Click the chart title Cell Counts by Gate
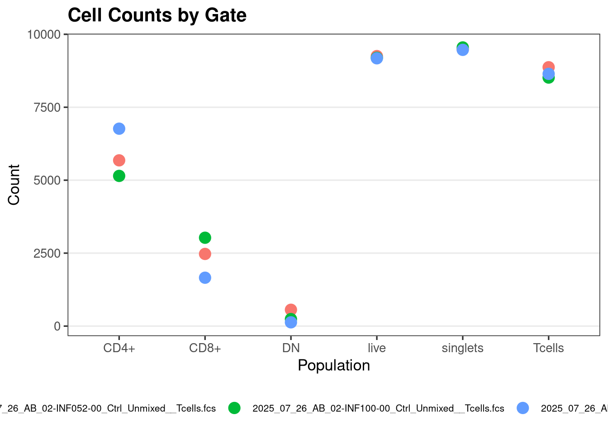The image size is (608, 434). pyautogui.click(x=157, y=15)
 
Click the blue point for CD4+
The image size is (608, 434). pyautogui.click(x=119, y=129)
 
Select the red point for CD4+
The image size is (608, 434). pyautogui.click(x=119, y=160)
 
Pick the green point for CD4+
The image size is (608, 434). pyautogui.click(x=119, y=176)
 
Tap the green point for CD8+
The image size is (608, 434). pyautogui.click(x=205, y=238)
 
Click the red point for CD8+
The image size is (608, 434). pyautogui.click(x=205, y=254)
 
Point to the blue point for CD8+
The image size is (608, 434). pyautogui.click(x=205, y=278)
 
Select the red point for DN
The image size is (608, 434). pyautogui.click(x=291, y=309)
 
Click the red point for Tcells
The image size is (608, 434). pyautogui.click(x=549, y=66)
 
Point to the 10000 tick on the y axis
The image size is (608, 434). pyautogui.click(x=44, y=34)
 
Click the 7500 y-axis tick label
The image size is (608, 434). pyautogui.click(x=47, y=108)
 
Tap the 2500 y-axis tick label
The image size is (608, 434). pyautogui.click(x=47, y=253)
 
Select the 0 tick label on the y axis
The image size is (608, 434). pyautogui.click(x=57, y=326)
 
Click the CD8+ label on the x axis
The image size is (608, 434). pyautogui.click(x=205, y=348)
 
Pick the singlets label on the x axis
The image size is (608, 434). pyautogui.click(x=462, y=348)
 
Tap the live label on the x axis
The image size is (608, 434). pyautogui.click(x=377, y=348)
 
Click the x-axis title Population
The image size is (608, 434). pyautogui.click(x=334, y=365)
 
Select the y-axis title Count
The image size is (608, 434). pyautogui.click(x=14, y=184)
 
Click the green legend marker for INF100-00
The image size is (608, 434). pyautogui.click(x=234, y=408)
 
